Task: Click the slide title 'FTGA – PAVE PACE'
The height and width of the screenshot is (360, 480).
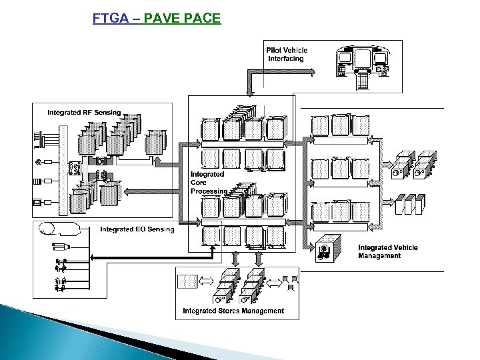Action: coord(156,18)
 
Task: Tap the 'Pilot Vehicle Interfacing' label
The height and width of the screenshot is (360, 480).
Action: coord(287,54)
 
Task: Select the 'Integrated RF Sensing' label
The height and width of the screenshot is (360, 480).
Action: coord(84,112)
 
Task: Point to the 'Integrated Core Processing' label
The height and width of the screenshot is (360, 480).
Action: coord(208,182)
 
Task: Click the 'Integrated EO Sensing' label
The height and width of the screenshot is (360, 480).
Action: coord(137,229)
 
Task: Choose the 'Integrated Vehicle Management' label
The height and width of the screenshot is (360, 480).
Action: coord(387,251)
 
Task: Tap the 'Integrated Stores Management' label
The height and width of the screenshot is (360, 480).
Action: coord(233,311)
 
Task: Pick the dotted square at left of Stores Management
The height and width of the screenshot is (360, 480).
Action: coord(187,281)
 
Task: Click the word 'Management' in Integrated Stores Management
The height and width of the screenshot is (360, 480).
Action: coord(261,311)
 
